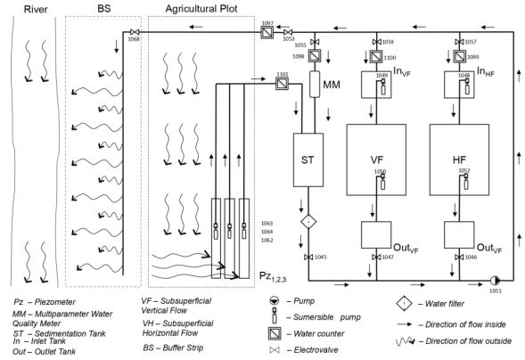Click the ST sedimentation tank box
tap(307, 161)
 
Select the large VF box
tap(376, 160)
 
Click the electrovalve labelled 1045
tap(307, 258)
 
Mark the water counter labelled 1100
tap(376, 58)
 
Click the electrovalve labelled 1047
tap(376, 258)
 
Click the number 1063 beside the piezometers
tap(267, 223)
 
